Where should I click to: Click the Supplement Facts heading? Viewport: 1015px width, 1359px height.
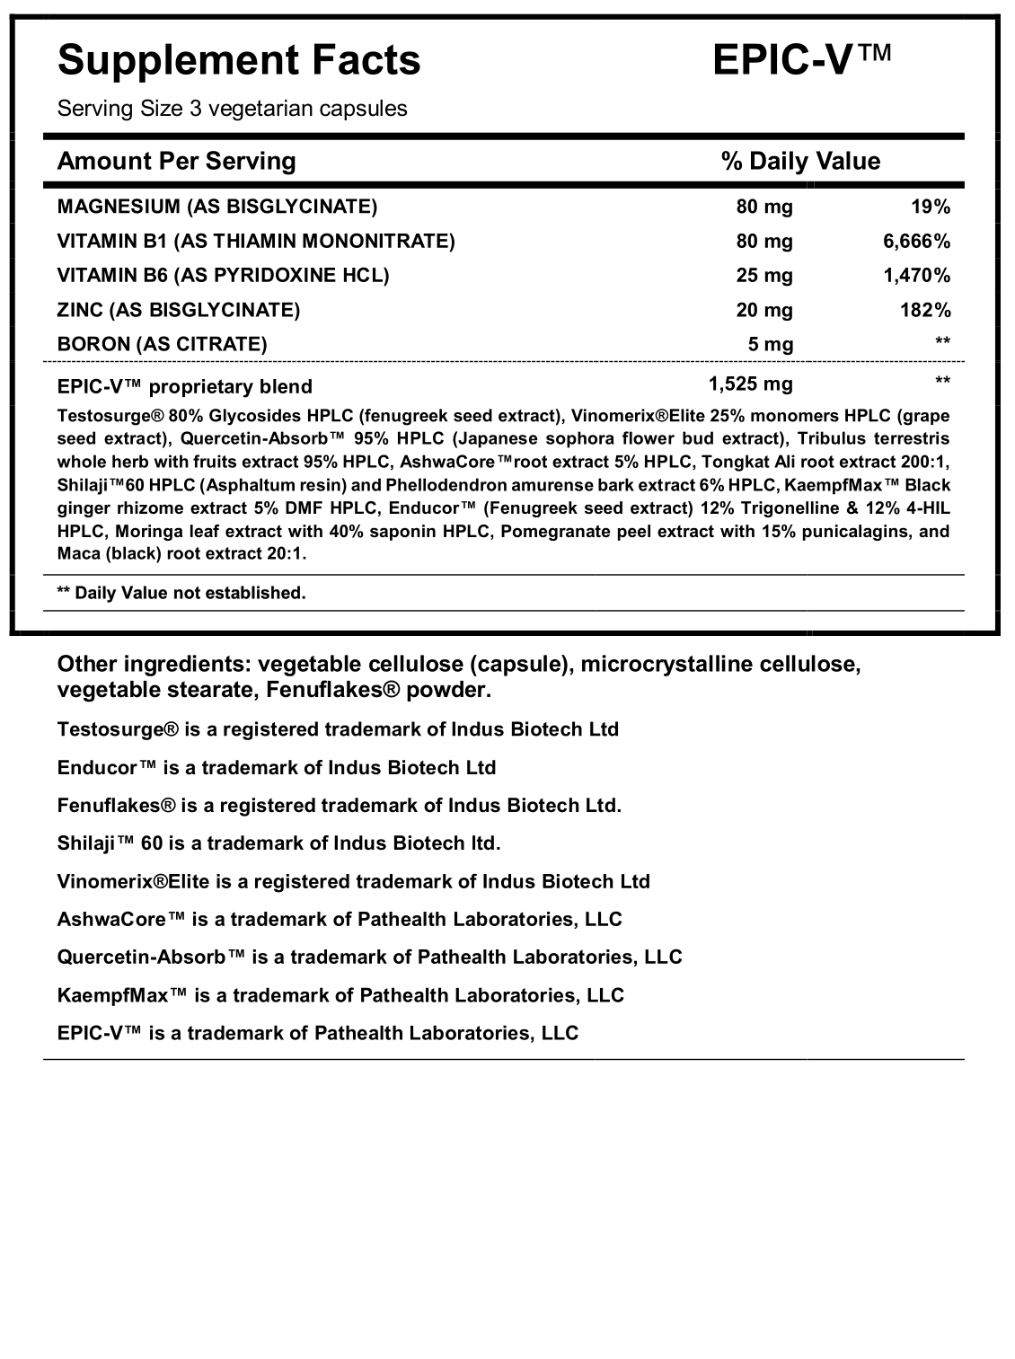[239, 61]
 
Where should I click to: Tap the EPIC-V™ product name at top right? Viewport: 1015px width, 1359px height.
[801, 61]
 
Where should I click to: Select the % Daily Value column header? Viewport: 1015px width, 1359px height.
[800, 161]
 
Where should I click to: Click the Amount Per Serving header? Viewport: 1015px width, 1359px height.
[176, 161]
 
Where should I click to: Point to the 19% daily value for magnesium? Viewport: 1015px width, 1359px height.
[930, 207]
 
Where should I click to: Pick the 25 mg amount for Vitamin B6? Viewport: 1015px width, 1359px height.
[764, 275]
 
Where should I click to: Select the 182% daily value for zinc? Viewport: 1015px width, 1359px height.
[924, 310]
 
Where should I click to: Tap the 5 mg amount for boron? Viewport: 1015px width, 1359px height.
[771, 344]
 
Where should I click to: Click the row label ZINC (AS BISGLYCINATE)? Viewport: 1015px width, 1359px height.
[178, 310]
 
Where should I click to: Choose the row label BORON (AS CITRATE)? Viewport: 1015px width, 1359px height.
[162, 344]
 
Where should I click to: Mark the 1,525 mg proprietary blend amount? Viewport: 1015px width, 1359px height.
[750, 384]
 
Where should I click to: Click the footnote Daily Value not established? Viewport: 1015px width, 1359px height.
[181, 593]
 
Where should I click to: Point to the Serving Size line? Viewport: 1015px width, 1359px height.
[232, 109]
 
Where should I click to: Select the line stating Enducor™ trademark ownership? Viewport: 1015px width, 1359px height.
[277, 768]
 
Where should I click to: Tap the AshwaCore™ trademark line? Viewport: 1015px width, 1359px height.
[340, 919]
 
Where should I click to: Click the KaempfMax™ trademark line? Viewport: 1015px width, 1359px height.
[340, 995]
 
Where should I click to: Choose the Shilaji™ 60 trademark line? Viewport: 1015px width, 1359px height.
[278, 843]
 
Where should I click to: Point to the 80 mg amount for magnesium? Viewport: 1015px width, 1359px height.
[764, 207]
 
